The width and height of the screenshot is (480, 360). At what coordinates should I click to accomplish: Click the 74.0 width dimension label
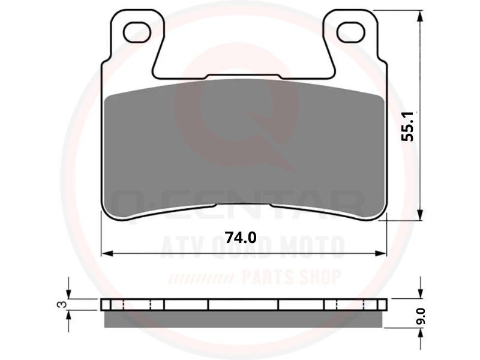pyautogui.click(x=241, y=237)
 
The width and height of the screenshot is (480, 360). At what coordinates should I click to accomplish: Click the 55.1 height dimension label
pyautogui.click(x=407, y=126)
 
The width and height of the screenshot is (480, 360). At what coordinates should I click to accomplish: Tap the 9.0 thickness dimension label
pyautogui.click(x=422, y=316)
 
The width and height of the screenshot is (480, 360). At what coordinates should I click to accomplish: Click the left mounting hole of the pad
pyautogui.click(x=137, y=32)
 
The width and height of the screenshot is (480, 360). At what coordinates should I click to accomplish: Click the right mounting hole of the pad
pyautogui.click(x=351, y=32)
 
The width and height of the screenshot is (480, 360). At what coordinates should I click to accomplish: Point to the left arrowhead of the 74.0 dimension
pyautogui.click(x=107, y=253)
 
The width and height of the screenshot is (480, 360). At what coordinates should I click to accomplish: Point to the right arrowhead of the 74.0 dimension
pyautogui.click(x=381, y=253)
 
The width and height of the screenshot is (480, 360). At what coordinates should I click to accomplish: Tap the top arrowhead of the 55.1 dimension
pyautogui.click(x=421, y=16)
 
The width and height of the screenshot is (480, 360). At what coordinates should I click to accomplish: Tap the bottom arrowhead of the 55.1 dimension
pyautogui.click(x=421, y=214)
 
